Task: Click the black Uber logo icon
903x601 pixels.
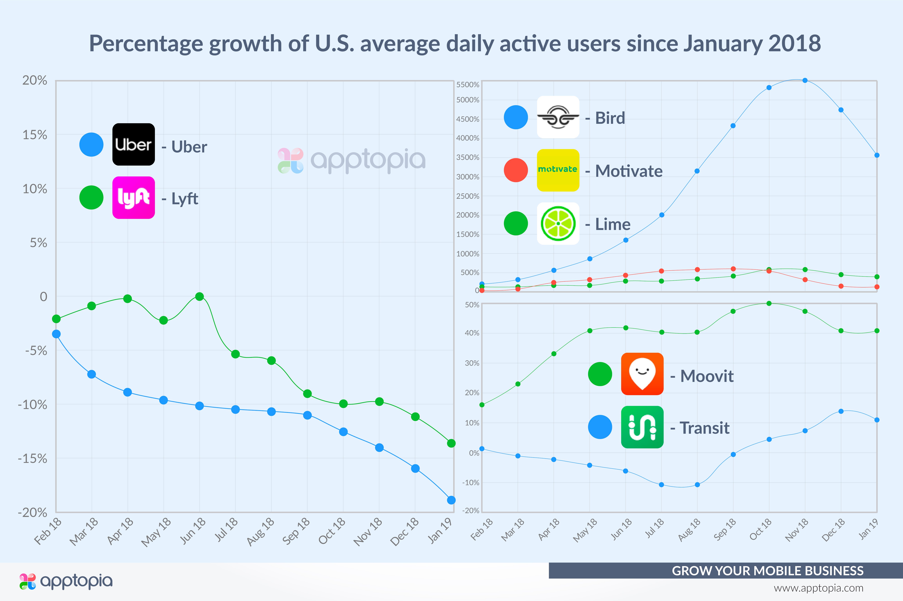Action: [x=133, y=145]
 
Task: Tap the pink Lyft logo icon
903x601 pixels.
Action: [x=133, y=198]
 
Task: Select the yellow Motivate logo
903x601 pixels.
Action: [x=558, y=170]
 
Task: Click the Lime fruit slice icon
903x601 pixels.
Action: [x=558, y=223]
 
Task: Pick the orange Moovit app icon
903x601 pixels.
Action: [x=642, y=374]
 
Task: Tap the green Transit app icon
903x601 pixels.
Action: [x=642, y=427]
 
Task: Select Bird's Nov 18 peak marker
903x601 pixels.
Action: [x=805, y=80]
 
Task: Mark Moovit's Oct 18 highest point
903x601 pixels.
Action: [x=769, y=303]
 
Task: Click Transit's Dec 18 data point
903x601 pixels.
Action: [x=841, y=411]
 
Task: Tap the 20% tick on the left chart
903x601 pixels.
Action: [x=35, y=80]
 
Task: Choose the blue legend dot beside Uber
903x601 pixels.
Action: [x=91, y=145]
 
